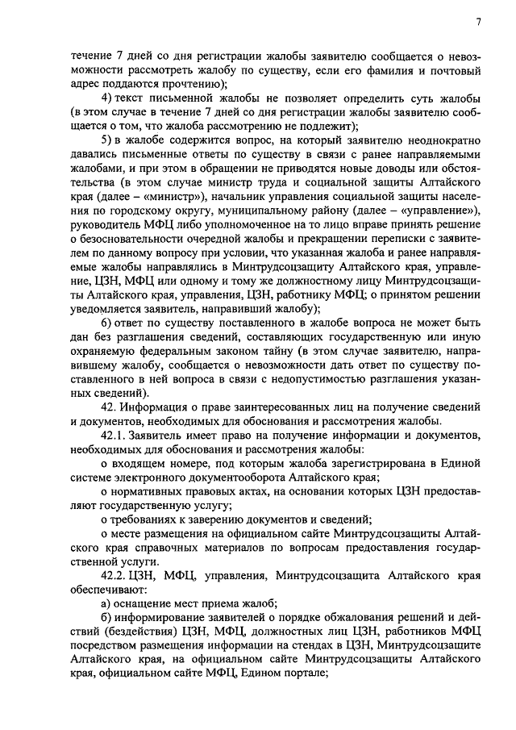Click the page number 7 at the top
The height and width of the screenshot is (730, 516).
click(478, 23)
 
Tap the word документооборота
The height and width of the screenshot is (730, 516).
click(223, 477)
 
